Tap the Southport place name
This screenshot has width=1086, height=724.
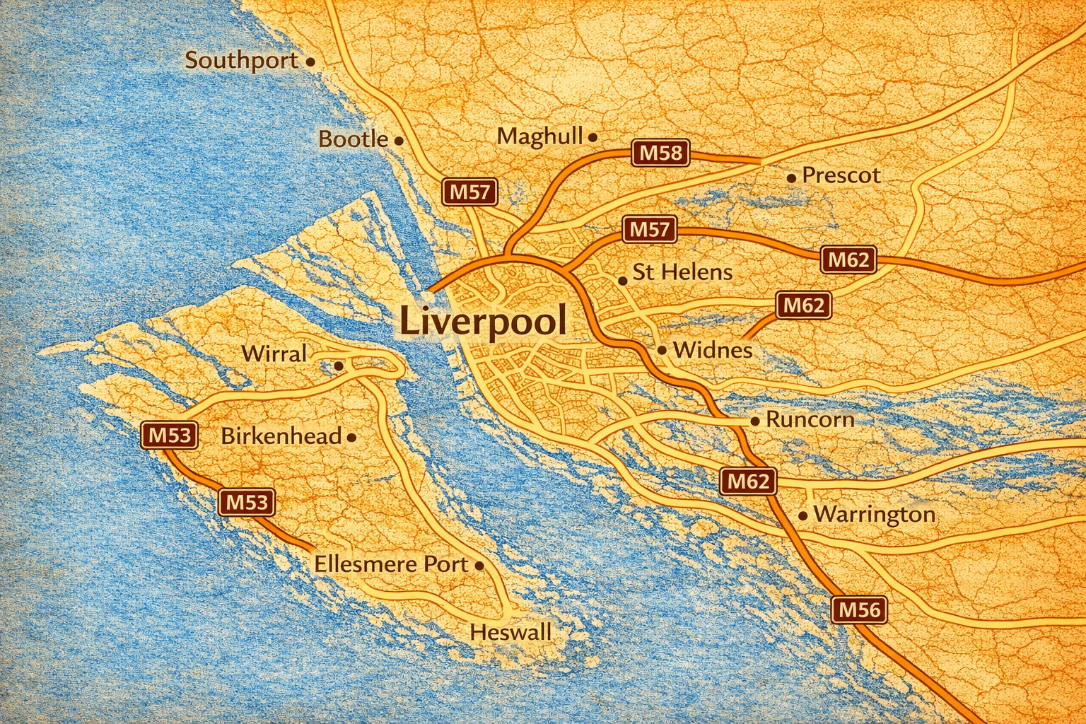242,61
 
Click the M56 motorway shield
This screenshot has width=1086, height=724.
859,609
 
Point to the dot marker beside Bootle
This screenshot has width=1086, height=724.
399,141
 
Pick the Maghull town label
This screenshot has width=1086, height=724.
539,136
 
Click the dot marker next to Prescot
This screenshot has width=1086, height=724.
791,177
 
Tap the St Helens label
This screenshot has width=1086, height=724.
682,272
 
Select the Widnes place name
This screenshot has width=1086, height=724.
712,350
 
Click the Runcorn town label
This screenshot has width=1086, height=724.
810,419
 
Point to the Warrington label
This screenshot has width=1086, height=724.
874,514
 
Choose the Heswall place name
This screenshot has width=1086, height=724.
510,632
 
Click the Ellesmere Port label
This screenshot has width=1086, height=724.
391,564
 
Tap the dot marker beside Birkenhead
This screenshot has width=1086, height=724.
352,438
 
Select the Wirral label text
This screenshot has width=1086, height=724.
274,354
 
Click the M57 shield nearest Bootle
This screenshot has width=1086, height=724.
469,192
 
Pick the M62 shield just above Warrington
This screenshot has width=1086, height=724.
748,482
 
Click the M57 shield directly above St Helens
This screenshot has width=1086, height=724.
649,230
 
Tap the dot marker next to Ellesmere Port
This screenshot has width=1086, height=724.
479,566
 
